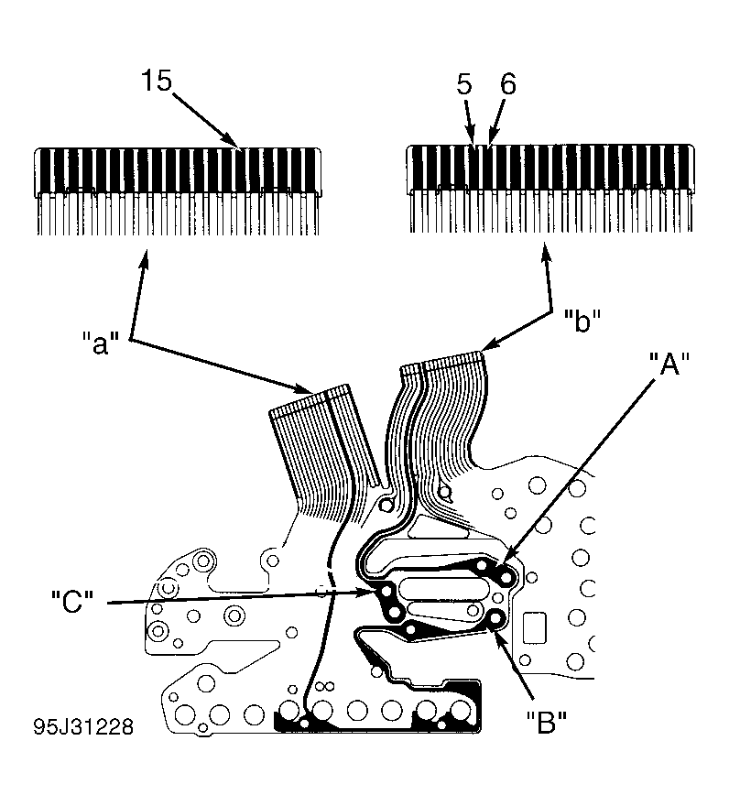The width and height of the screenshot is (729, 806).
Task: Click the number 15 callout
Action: pyautogui.click(x=157, y=81)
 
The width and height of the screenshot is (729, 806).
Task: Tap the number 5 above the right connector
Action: pyautogui.click(x=463, y=84)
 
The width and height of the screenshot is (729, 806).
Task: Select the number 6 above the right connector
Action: pyautogui.click(x=508, y=83)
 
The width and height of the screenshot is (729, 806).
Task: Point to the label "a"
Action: pyautogui.click(x=101, y=343)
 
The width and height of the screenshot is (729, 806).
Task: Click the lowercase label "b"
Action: pyautogui.click(x=582, y=321)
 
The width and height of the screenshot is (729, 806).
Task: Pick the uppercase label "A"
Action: pyautogui.click(x=669, y=364)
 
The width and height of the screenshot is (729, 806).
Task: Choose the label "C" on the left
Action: pyautogui.click(x=72, y=602)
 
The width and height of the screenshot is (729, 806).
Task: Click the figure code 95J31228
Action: pyautogui.click(x=83, y=726)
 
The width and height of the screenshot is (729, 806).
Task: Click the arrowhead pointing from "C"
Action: pyautogui.click(x=369, y=593)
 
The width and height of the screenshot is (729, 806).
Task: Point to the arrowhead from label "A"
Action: pyautogui.click(x=506, y=564)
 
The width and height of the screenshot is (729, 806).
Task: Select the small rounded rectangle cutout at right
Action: pyautogui.click(x=535, y=627)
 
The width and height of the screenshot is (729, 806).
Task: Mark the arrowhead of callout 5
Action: pyautogui.click(x=472, y=139)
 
